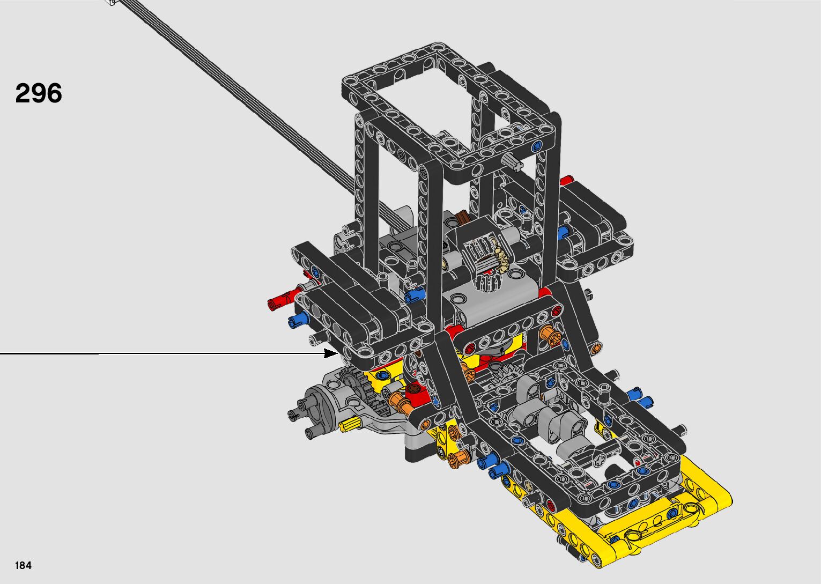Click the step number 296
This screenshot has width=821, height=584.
pos(39,93)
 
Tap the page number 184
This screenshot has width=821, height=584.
pos(23,565)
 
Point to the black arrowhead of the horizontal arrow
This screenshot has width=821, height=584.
pos(331,353)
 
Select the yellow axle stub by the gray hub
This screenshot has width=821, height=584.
pos(349,425)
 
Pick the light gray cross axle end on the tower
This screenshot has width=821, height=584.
pos(513,161)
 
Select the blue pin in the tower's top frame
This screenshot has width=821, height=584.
pos(537,145)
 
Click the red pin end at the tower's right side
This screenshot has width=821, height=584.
pos(567,180)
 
